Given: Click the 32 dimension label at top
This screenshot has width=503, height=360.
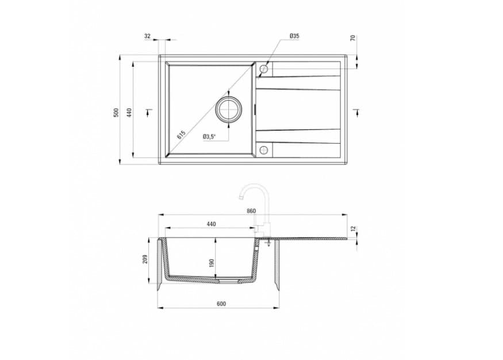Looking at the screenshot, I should tap(147, 36).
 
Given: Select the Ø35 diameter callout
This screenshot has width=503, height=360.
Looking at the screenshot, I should tap(294, 36).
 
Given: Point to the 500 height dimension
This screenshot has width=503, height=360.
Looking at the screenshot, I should tap(116, 112).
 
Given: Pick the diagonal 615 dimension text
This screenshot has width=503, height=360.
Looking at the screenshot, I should tap(181, 136).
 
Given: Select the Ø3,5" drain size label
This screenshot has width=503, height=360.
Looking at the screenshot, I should tap(209, 137).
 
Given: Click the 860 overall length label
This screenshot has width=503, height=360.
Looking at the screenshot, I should tap(251, 211).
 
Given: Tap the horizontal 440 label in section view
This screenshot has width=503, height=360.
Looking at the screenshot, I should tap(211, 224).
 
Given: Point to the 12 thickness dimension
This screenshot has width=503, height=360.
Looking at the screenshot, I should tap(354, 228).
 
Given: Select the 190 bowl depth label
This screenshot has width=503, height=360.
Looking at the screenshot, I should tap(212, 262).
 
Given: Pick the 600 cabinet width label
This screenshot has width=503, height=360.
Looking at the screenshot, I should tap(221, 304).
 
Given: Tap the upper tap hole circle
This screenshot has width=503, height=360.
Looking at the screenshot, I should tap(264, 69).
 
